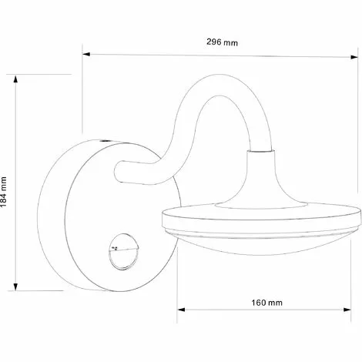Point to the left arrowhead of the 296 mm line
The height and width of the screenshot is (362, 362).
(87, 53)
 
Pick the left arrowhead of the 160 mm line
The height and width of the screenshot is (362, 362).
(181, 309)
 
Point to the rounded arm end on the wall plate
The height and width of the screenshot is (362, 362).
(120, 170)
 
